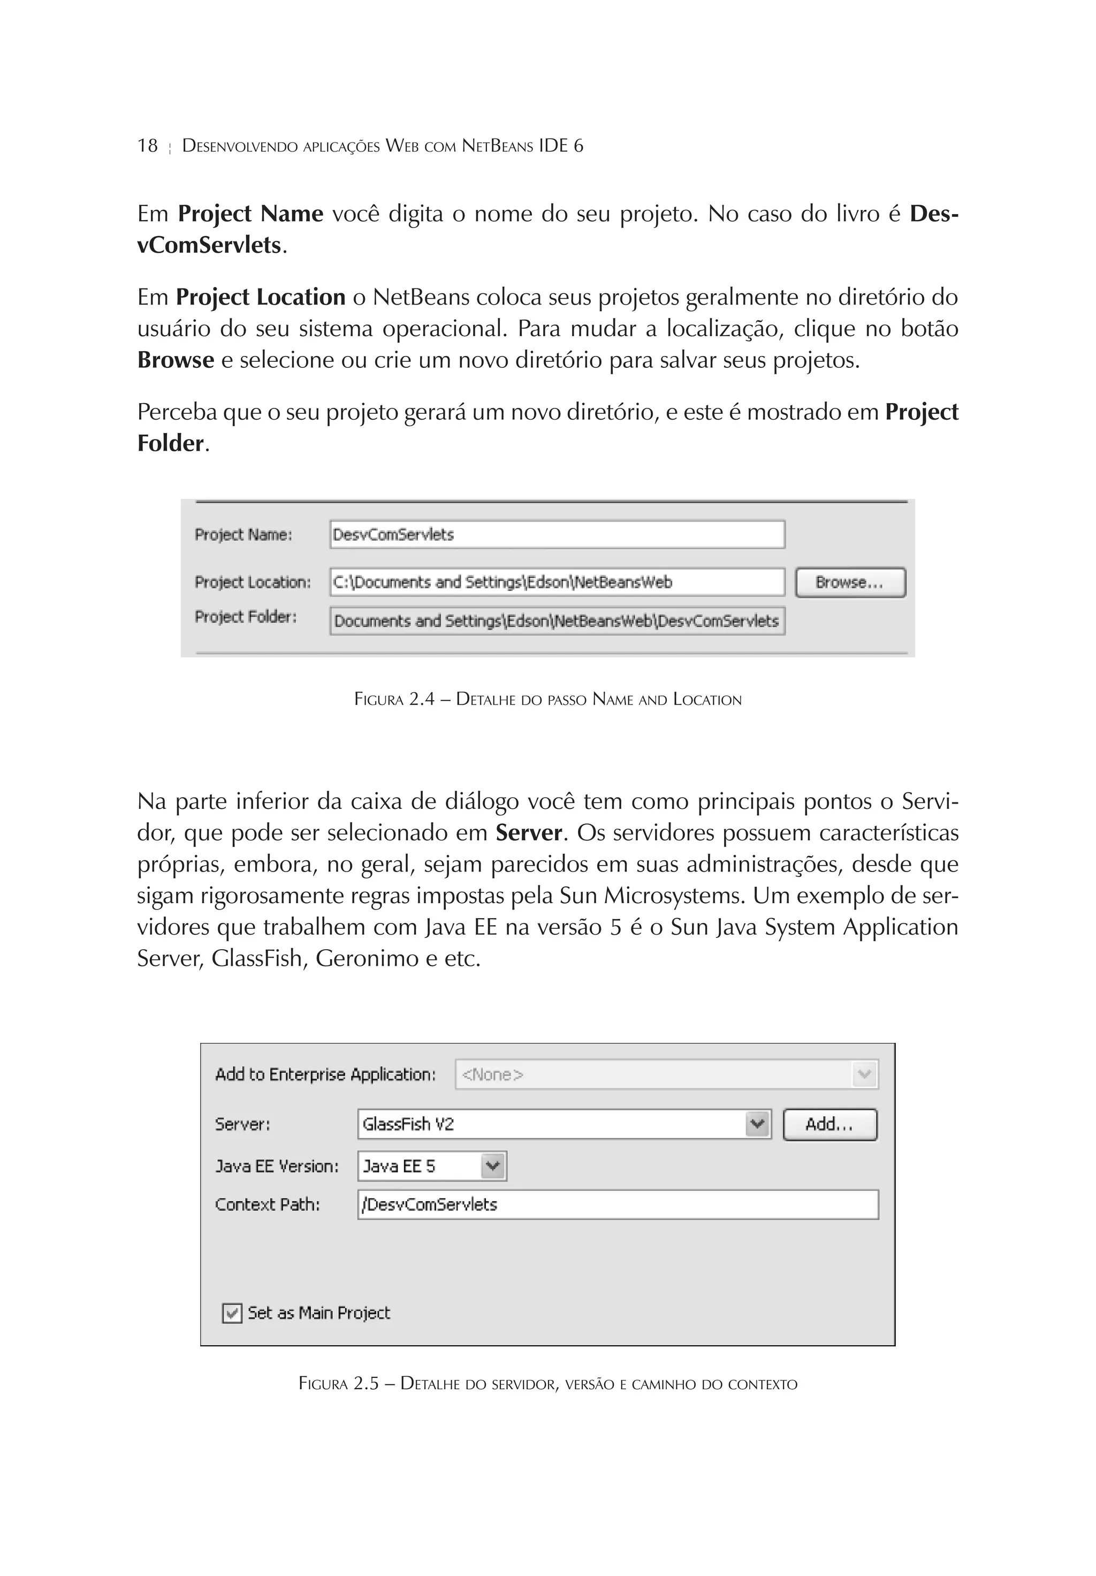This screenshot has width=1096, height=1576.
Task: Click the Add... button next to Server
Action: pos(829,1124)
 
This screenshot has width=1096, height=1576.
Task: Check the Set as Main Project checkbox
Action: pos(232,1313)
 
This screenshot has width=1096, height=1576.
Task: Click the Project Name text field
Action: pos(557,534)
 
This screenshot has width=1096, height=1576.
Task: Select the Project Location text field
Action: pos(557,582)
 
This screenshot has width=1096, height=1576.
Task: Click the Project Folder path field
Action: pos(557,620)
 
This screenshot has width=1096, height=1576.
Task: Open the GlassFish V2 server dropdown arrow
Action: pos(757,1124)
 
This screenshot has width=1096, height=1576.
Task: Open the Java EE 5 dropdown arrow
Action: pos(493,1165)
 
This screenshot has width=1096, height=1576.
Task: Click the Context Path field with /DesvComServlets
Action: pos(618,1204)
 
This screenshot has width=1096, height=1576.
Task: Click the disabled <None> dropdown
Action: pos(666,1074)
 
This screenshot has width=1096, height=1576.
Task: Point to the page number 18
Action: pos(147,146)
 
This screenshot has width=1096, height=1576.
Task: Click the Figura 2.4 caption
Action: pos(547,700)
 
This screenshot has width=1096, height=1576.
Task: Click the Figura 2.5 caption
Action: pos(547,1383)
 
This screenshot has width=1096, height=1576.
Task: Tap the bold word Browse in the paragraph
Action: pos(176,360)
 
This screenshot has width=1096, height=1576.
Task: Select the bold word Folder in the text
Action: pos(170,443)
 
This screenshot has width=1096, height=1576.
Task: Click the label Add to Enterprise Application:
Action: pos(325,1074)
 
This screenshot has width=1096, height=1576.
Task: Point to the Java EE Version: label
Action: pos(277,1165)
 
